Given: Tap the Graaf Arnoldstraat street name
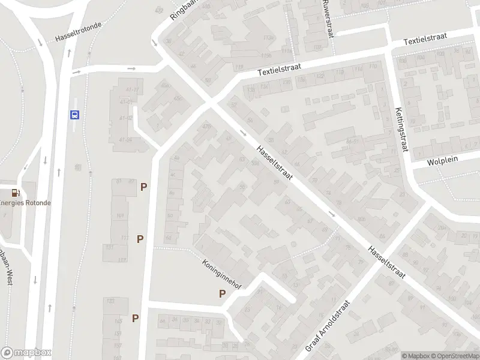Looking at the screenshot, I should (327, 326).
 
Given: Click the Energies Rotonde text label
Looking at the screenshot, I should (25, 203).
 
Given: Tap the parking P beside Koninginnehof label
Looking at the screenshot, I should (222, 294).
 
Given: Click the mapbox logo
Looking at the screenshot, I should (26, 353).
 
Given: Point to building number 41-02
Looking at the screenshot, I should (125, 118).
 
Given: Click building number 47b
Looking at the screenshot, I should (207, 126).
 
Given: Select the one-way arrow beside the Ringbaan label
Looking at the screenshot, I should (154, 43).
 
